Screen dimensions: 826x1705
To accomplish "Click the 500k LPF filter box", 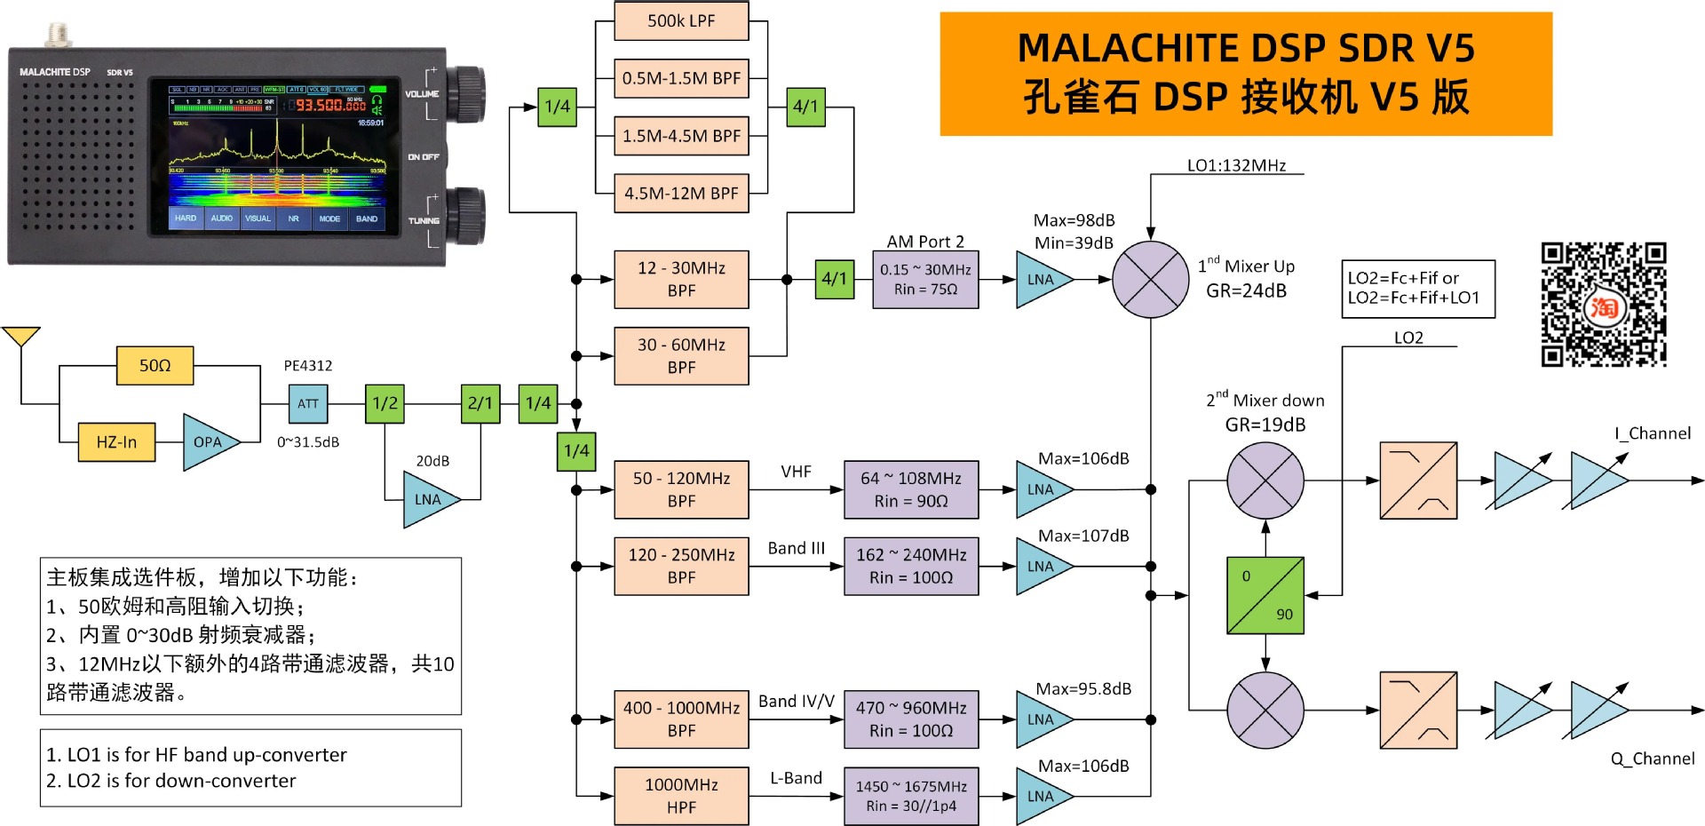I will point(681,21).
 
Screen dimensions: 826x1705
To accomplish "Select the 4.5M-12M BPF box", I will point(681,193).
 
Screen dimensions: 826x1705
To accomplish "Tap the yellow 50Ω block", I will point(155,366).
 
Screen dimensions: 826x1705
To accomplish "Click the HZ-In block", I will point(116,442).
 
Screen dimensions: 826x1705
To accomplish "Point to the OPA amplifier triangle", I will point(209,442).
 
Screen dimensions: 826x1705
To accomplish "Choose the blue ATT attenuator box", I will point(308,404).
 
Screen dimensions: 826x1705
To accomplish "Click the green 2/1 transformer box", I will point(480,404).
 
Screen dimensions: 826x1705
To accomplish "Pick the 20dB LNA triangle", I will point(429,499).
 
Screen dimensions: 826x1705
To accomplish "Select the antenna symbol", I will point(20,338).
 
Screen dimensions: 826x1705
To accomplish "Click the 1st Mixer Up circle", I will point(1150,279).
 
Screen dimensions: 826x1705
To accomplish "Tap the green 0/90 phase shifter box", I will point(1265,595).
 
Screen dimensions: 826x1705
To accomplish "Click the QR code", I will point(1603,304).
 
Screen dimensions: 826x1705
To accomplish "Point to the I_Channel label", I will point(1652,433).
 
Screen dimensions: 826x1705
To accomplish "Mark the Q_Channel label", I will point(1652,758).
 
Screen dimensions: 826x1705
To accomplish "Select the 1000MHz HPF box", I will point(681,796).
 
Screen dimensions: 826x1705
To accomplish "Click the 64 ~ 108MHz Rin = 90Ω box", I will point(911,489).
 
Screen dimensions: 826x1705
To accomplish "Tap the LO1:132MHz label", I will point(1236,166).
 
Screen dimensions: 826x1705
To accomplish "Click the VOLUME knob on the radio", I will point(465,94).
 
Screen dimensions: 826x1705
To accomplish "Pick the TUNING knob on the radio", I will point(465,216).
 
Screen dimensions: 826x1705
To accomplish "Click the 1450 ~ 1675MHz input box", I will point(911,796).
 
